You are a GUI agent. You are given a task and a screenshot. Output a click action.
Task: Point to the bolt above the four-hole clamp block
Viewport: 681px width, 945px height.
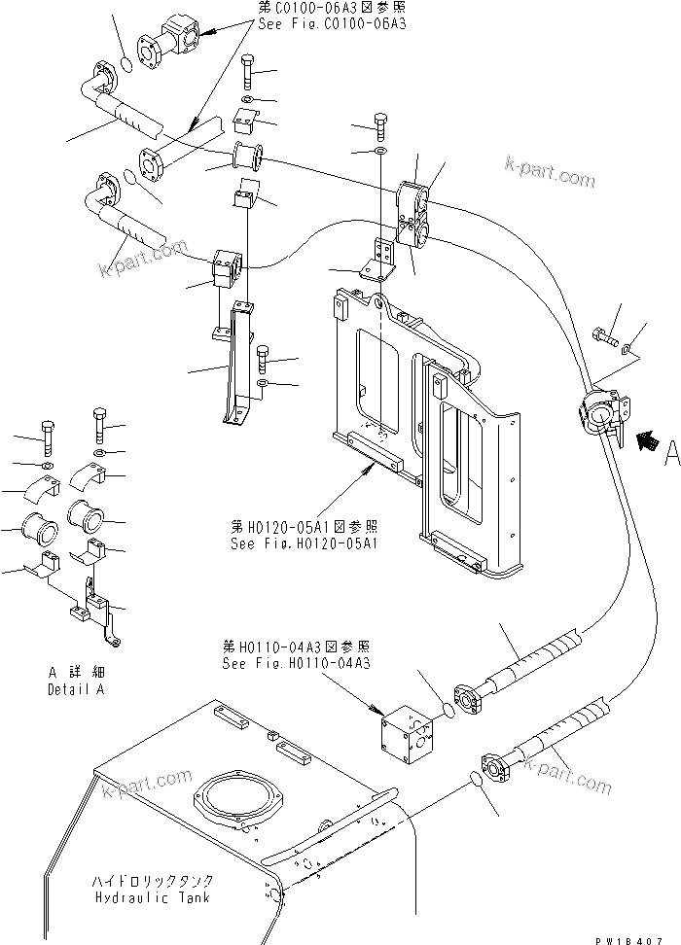pos(379,127)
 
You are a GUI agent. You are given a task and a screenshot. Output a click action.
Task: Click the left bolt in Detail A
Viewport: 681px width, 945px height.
pos(49,432)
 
